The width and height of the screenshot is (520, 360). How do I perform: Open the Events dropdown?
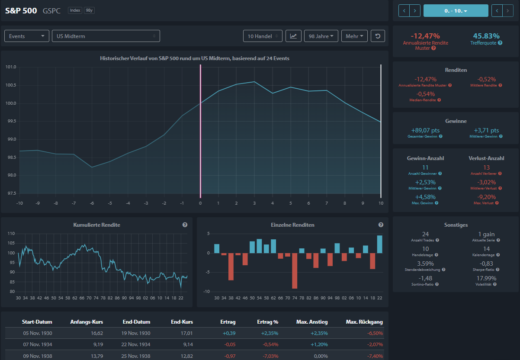point(27,36)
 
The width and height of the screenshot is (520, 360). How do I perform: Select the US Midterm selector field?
point(106,36)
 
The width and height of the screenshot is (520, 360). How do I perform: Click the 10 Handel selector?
point(263,36)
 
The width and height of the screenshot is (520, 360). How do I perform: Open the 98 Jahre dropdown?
point(321,36)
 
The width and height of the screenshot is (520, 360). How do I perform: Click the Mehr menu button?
point(354,36)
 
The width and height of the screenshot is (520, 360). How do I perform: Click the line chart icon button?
point(293,36)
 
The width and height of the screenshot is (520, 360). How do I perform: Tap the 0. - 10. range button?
point(456,11)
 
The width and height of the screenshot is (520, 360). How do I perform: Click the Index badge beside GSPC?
point(75,10)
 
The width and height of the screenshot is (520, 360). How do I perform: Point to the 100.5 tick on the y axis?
point(11,85)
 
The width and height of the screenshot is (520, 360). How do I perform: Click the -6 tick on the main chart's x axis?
point(92,203)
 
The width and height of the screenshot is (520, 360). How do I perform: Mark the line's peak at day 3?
point(254,82)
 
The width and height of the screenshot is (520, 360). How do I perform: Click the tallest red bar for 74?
point(295,271)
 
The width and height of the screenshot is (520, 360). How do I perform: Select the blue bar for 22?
point(379,244)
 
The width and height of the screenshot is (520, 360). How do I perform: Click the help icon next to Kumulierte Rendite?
point(185,225)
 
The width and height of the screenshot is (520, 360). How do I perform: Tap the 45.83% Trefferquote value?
point(486,36)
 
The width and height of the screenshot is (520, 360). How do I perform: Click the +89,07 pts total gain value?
point(425,130)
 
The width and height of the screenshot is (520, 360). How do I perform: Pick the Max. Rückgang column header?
point(364,322)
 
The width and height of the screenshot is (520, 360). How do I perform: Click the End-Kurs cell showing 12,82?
point(186,356)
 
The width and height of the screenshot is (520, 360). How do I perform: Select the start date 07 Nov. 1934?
point(38,344)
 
